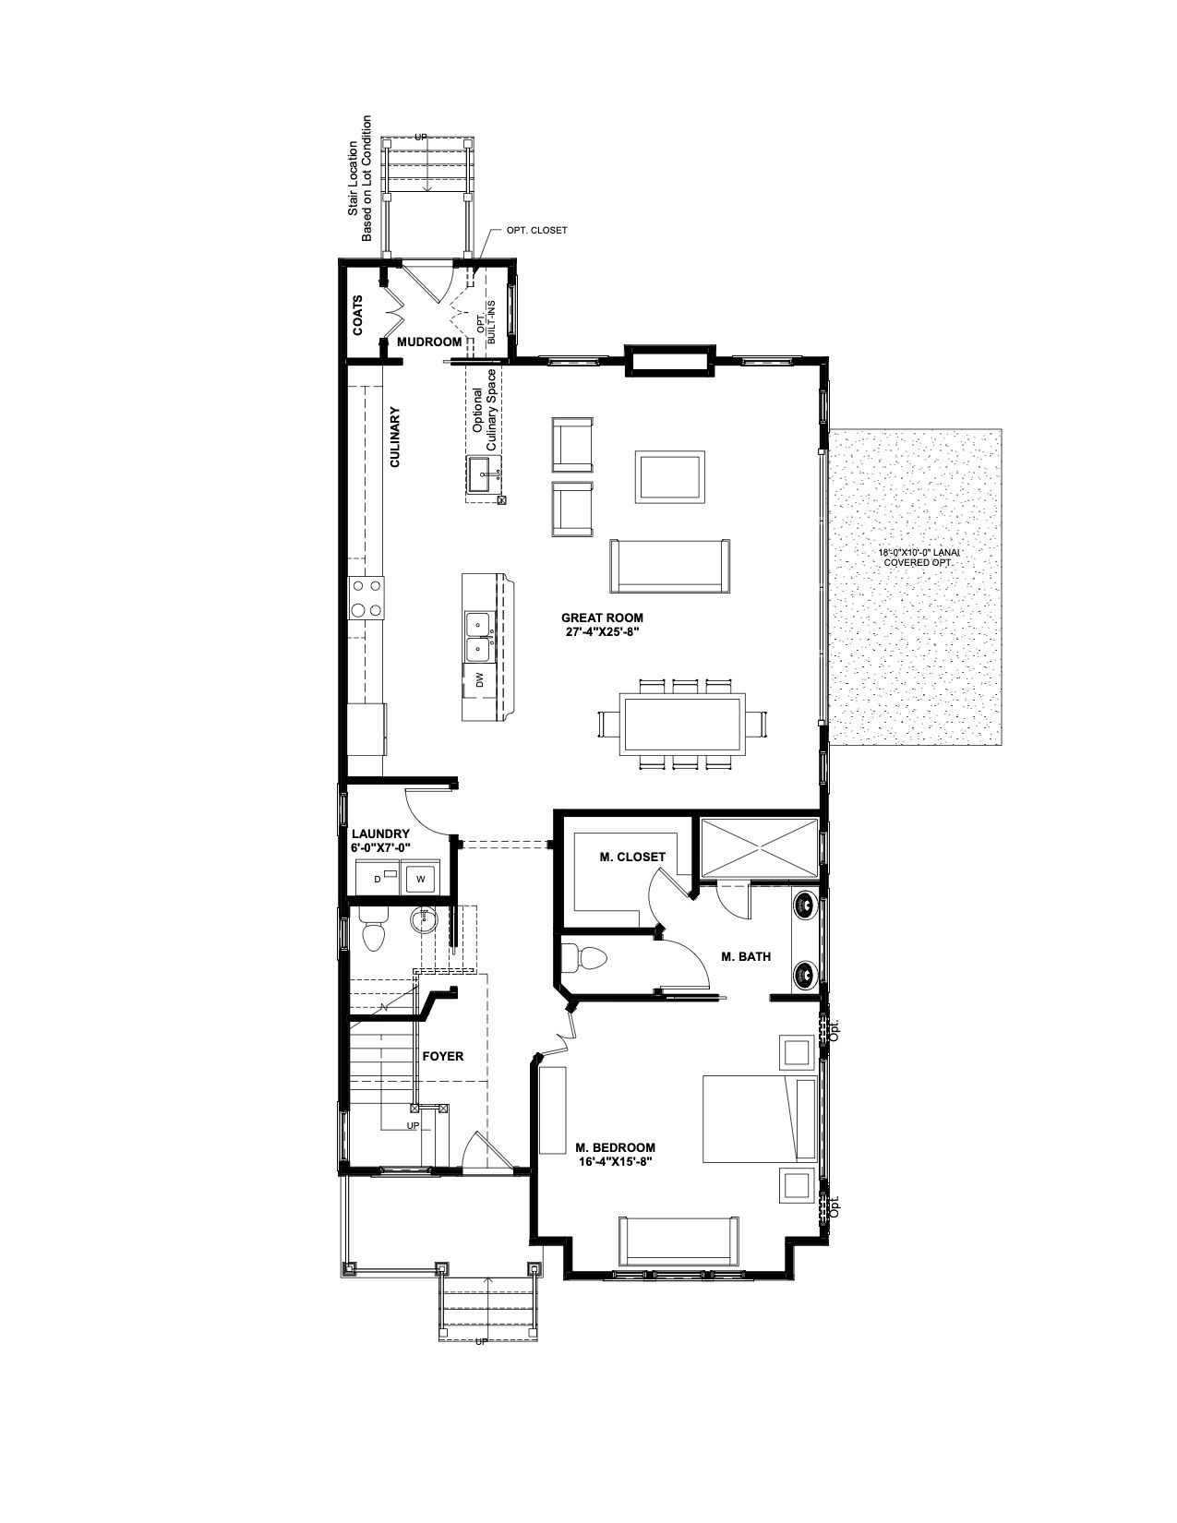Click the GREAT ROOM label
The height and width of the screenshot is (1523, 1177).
tap(602, 618)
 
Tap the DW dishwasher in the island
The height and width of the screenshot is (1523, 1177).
tap(480, 680)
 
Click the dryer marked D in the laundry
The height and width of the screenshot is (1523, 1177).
tap(378, 878)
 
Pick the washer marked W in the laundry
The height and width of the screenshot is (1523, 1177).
tap(420, 878)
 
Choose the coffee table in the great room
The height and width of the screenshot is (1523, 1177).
tap(670, 476)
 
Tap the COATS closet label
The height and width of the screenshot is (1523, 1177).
tap(358, 316)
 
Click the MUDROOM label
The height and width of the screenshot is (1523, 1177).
tap(430, 342)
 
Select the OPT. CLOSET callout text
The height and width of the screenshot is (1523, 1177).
tap(537, 230)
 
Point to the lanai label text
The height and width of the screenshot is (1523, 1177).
tap(919, 558)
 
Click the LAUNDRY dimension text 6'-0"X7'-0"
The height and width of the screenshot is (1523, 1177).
tap(380, 847)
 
